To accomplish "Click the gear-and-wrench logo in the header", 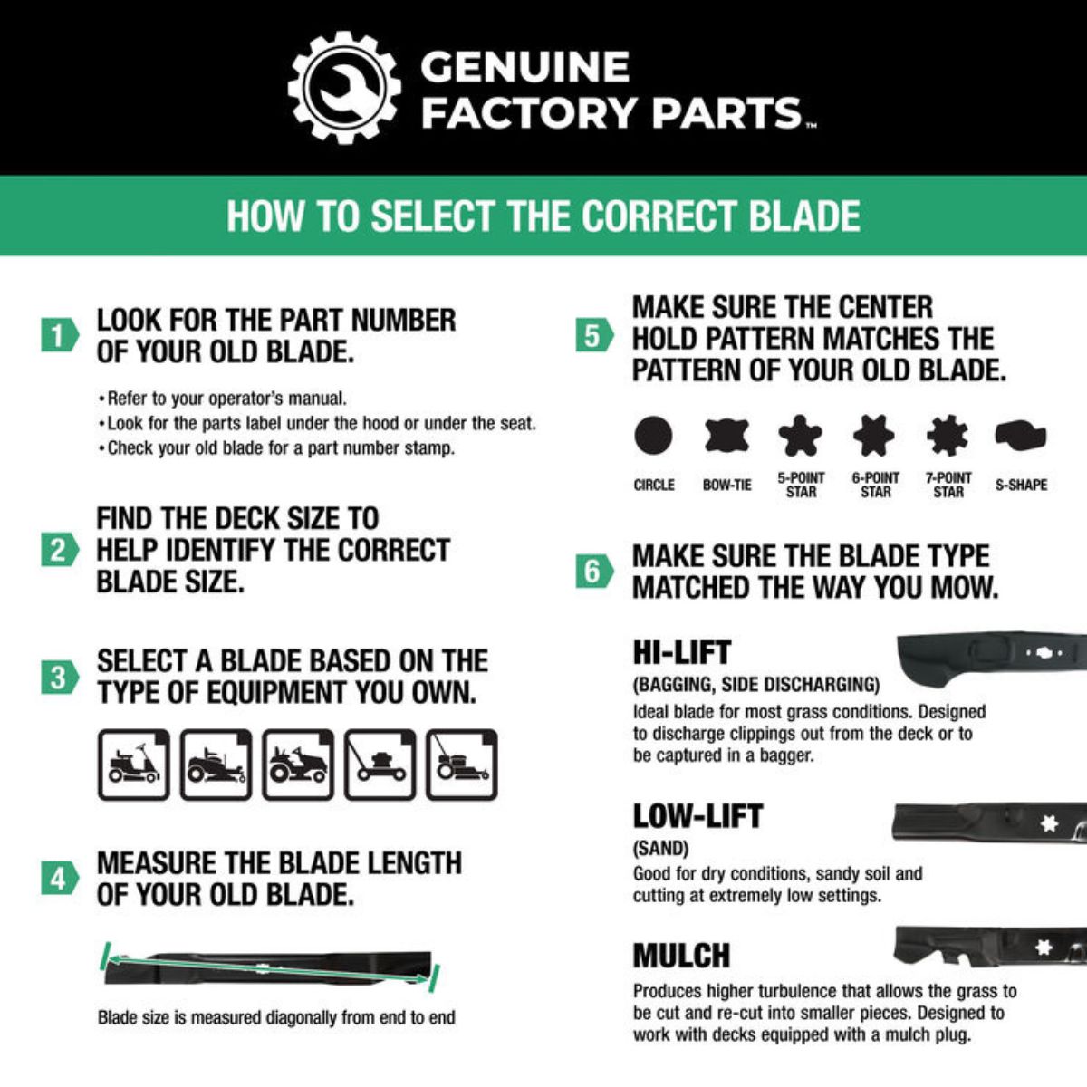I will click(344, 88).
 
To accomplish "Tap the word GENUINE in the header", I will click(525, 67).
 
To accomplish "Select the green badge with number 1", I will click(59, 335).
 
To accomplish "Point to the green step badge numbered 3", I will click(59, 677).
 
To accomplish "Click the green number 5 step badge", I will click(593, 336).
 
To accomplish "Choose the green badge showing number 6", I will click(593, 571).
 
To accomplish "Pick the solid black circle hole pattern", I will click(653, 436).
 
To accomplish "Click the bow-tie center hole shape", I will click(726, 436).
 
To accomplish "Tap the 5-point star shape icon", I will click(801, 436).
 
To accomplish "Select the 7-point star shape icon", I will click(948, 436).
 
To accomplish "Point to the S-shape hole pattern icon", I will click(1021, 436).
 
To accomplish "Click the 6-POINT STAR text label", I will click(875, 485).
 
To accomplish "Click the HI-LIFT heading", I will click(681, 652).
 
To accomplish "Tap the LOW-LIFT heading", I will click(697, 816).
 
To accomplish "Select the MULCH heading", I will click(681, 956).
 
